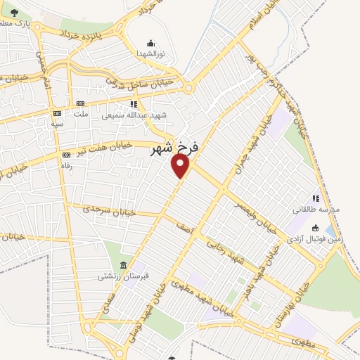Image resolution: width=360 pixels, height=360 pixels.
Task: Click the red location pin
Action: tap(181, 165)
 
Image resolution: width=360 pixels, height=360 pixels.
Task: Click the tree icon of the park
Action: tap(15, 12)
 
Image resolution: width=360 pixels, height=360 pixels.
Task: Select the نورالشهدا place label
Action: tap(150, 53)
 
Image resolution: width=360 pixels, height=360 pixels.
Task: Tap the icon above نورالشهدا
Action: tap(150, 44)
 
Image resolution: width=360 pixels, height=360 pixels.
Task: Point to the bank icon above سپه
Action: tap(57, 112)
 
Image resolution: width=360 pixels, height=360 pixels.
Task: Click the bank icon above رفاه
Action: tap(67, 155)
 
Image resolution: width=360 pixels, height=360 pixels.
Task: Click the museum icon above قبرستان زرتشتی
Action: tap(124, 266)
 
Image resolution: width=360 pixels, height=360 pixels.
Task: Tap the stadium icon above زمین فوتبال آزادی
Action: tap(316, 227)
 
